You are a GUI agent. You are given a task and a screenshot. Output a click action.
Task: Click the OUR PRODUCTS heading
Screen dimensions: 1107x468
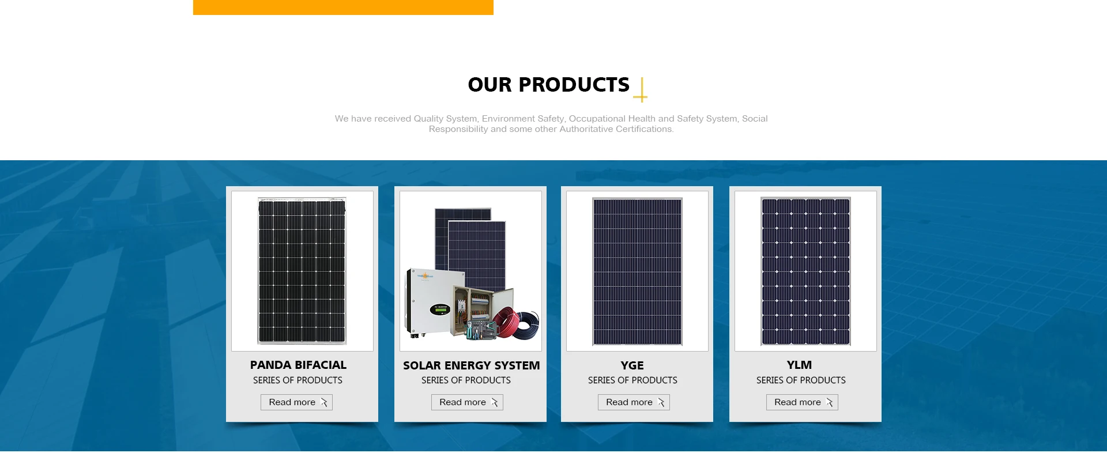pos(548,85)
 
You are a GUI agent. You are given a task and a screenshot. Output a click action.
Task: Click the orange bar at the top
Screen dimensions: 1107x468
pos(343,7)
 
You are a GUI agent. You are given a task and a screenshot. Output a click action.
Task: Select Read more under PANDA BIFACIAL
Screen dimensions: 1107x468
pos(296,402)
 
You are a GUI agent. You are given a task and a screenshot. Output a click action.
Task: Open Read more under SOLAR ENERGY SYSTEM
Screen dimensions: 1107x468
pos(467,402)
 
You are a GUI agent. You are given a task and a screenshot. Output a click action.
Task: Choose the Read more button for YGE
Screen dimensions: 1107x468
pos(634,402)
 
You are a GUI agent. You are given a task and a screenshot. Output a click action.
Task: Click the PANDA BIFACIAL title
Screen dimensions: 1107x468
pos(298,365)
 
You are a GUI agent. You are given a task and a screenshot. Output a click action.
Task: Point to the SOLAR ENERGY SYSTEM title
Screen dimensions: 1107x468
pos(471,365)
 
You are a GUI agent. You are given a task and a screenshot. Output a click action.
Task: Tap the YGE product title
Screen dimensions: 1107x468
pos(632,365)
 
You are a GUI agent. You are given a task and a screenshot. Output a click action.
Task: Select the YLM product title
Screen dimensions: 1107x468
pos(799,365)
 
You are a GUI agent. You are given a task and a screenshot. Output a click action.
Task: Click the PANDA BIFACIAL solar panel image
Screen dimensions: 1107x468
pos(302,271)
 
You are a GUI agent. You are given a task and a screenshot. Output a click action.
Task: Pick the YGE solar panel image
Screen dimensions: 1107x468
pos(637,271)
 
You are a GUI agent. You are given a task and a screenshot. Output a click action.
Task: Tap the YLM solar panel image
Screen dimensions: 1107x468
pos(805,271)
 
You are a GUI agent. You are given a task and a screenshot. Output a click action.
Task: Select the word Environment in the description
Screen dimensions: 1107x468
pos(509,119)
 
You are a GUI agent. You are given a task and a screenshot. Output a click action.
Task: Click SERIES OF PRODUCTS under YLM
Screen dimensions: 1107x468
pos(801,380)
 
